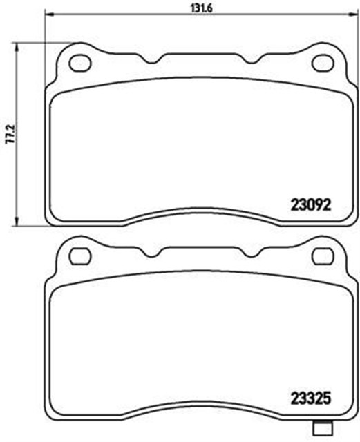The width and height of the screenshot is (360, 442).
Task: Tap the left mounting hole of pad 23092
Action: [79, 63]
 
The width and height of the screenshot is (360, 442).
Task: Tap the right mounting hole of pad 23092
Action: [323, 63]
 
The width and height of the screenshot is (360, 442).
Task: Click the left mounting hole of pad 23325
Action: [79, 256]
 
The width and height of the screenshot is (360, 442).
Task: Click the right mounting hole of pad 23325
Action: [323, 256]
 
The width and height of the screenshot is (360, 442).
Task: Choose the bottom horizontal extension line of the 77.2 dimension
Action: [31, 225]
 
